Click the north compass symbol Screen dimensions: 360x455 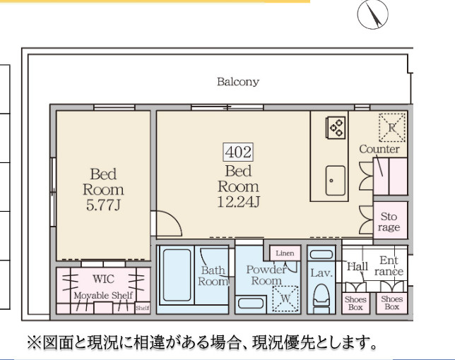pyautogui.click(x=372, y=15)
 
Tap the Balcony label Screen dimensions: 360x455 pyautogui.click(x=237, y=82)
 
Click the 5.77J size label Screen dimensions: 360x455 pyautogui.click(x=103, y=205)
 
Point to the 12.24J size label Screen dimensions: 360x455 pyautogui.click(x=238, y=203)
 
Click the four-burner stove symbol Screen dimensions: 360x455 pyautogui.click(x=336, y=128)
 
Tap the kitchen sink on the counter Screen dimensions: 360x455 pyautogui.click(x=336, y=181)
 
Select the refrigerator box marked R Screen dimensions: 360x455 pyautogui.click(x=391, y=127)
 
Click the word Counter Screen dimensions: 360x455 pyautogui.click(x=379, y=150)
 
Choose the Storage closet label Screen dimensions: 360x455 pyautogui.click(x=389, y=222)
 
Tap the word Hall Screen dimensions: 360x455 pyautogui.click(x=357, y=267)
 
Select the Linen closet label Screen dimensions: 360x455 pyautogui.click(x=285, y=253)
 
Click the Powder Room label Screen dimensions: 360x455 pyautogui.click(x=266, y=275)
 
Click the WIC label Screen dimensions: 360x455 pyautogui.click(x=103, y=280)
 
